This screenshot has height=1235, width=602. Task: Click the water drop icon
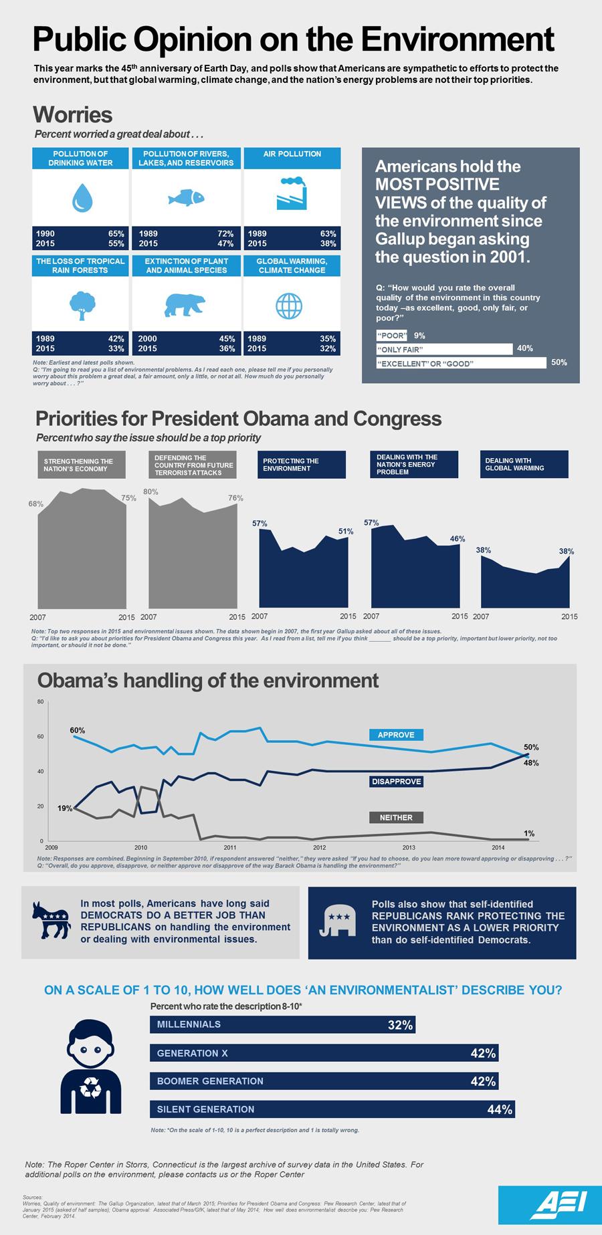(x=81, y=198)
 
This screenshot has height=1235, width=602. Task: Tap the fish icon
(x=185, y=198)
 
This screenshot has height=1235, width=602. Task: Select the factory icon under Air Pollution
(x=292, y=194)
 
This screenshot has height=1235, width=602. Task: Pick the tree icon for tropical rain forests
(x=81, y=304)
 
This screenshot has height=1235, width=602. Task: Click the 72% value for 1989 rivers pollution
(x=225, y=234)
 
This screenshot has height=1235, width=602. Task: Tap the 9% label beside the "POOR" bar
(x=419, y=336)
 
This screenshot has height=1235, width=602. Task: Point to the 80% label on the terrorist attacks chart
(x=150, y=491)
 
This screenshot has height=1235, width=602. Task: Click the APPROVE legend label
(x=396, y=735)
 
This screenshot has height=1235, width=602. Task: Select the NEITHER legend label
(x=396, y=817)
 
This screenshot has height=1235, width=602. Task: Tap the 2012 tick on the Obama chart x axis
(x=319, y=848)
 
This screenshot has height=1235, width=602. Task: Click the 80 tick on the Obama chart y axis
(x=40, y=702)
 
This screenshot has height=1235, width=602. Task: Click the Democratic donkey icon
(x=52, y=920)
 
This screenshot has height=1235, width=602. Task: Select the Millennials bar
(x=282, y=1024)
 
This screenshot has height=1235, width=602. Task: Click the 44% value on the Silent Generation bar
(x=500, y=1110)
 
